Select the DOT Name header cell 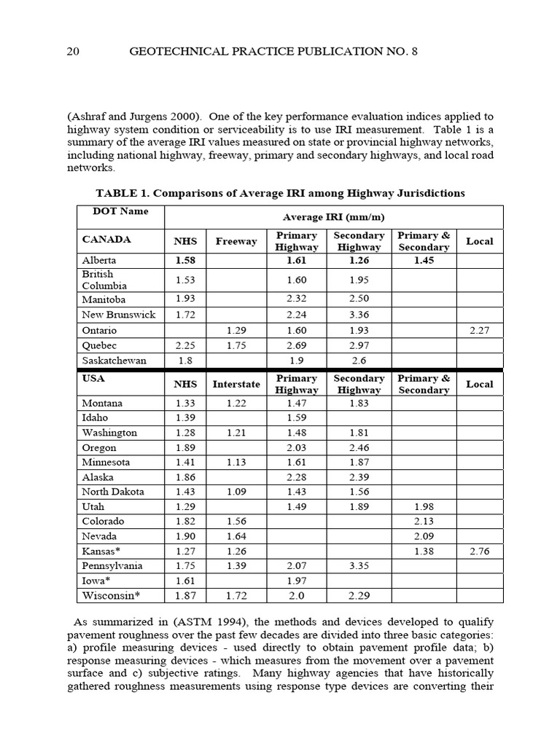coord(120,211)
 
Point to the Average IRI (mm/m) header coord(333,217)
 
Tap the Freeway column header coord(236,241)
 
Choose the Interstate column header coord(236,384)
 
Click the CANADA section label coord(106,239)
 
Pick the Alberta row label coord(99,260)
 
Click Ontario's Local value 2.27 coord(479,330)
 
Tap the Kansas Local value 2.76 coord(479,551)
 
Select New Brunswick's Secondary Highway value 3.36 coord(359,315)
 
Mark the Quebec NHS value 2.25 coord(185,345)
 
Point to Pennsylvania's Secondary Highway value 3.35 coord(359,566)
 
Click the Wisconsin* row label coord(111,596)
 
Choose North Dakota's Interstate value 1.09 coord(236,492)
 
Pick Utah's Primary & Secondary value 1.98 coord(423,506)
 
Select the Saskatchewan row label coord(114,361)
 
